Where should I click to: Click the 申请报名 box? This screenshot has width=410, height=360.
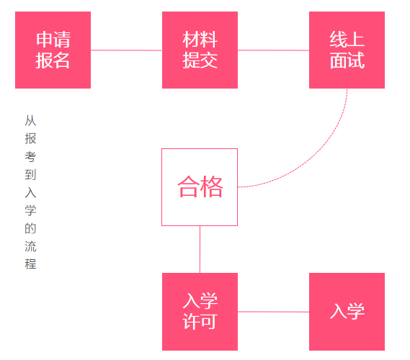53,50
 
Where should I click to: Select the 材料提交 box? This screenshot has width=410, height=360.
200,50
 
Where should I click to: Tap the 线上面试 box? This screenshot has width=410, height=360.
347,50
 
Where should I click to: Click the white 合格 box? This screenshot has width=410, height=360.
200,187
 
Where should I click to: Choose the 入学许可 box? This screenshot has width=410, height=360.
200,312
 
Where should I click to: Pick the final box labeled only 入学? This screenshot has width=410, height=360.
347,312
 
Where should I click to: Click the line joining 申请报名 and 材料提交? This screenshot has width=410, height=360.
126,50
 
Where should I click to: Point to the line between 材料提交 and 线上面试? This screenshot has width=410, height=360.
273,50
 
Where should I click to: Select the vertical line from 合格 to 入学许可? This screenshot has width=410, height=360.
200,249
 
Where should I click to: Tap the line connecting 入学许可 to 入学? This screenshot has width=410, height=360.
273,312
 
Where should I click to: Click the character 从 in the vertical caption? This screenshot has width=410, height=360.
30,120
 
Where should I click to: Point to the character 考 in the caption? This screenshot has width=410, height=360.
30,156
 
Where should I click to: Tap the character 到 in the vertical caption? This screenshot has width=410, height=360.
30,174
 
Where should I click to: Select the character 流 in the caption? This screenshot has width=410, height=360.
30,246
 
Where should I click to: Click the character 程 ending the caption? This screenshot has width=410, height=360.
30,264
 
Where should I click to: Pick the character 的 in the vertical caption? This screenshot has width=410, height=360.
30,228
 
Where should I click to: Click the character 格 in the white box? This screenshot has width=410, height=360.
212,186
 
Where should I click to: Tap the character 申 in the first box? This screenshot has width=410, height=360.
44,40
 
